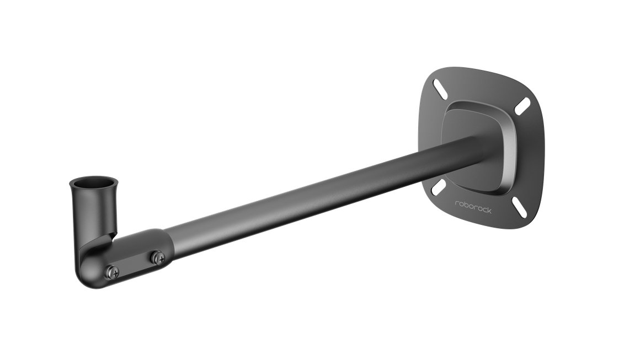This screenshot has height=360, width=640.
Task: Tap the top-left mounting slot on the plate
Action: (x=440, y=87)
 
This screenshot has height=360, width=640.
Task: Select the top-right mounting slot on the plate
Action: (x=522, y=106)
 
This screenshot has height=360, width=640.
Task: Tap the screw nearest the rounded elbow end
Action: (x=112, y=271)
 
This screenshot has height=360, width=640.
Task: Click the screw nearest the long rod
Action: (x=157, y=257)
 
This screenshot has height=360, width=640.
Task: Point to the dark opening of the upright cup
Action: (x=93, y=183)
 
